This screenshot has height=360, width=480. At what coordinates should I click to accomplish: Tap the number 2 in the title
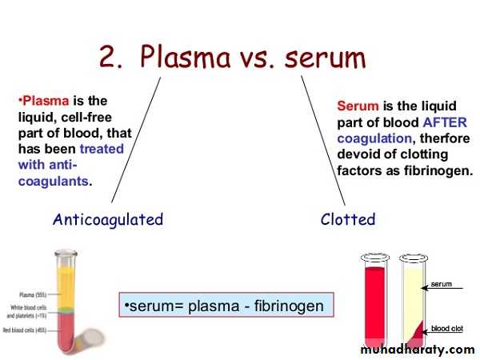click(111, 58)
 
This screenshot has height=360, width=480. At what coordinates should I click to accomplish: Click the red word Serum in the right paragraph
click(358, 106)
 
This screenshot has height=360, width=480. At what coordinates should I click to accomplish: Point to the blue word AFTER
click(445, 122)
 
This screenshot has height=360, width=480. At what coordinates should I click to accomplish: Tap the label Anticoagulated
click(107, 219)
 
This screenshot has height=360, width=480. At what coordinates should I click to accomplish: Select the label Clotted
click(347, 219)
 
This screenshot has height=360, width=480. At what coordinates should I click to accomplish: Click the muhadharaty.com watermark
click(418, 350)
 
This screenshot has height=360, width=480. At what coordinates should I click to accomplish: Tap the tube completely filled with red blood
click(374, 300)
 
